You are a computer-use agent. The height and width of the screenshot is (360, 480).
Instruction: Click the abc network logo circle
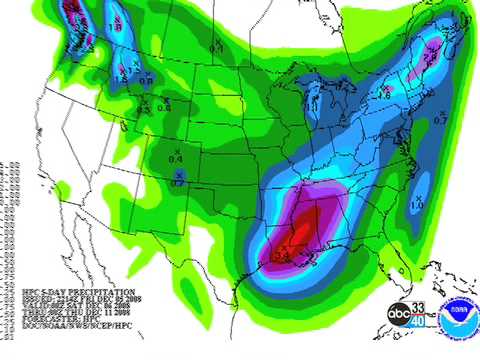coord(399,313)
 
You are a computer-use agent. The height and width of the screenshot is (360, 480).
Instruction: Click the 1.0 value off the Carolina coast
coord(417,204)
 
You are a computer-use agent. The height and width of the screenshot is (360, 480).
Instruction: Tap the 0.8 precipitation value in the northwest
coord(146,80)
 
